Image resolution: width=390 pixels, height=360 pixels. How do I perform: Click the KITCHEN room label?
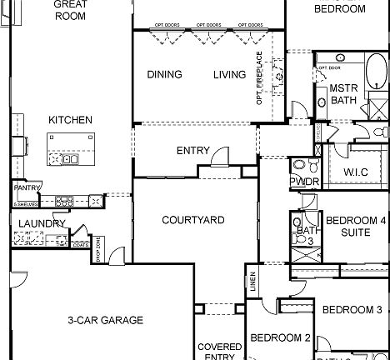(70, 120)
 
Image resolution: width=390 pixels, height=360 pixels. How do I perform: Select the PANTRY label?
(27, 188)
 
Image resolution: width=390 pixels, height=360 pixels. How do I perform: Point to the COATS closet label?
(80, 245)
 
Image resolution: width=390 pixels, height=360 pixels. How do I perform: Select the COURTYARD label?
(192, 220)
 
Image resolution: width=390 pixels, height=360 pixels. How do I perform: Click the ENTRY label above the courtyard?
(192, 151)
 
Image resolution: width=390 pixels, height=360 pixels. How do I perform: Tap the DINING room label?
(164, 74)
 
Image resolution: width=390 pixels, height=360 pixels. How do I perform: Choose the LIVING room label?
(229, 74)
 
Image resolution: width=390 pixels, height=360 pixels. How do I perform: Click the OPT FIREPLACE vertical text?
(260, 78)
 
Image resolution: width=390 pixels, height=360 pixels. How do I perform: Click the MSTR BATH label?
(343, 93)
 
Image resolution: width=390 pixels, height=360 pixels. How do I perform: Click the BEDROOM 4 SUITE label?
(355, 226)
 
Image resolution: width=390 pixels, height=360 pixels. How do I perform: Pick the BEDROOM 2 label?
(281, 338)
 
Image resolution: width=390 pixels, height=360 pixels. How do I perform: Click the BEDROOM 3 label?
(352, 310)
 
